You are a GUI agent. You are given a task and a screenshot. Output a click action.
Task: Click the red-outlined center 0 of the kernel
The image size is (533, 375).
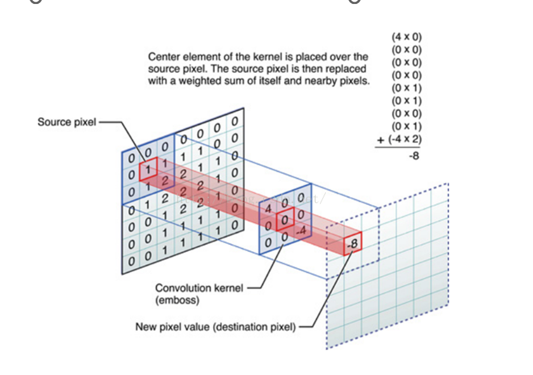tap(285, 219)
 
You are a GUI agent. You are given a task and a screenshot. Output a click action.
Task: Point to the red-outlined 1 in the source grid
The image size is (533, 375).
tap(147, 169)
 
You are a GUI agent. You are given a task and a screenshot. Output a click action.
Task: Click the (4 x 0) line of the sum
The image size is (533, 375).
tap(406, 37)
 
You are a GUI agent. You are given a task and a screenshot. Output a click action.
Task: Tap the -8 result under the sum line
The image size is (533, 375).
tap(414, 155)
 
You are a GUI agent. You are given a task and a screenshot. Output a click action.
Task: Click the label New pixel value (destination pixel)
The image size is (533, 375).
tap(215, 327)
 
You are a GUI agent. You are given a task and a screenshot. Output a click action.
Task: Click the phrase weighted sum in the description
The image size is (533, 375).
tap(206, 81)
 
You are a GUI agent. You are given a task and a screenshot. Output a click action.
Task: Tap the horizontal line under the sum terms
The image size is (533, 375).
tap(397, 147)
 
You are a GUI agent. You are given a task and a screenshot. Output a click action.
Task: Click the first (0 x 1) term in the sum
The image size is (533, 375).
tap(406, 88)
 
